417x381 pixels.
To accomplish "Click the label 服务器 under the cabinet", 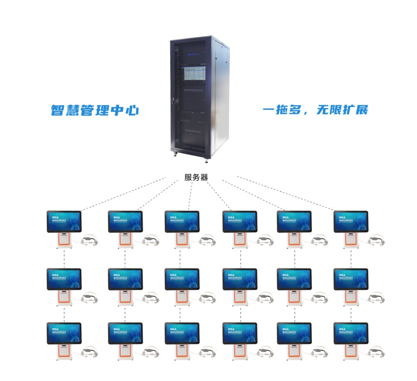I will pos(196,177).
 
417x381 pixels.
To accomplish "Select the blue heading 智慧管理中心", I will pos(95,111).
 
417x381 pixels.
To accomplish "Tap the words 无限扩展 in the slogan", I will pos(342,111).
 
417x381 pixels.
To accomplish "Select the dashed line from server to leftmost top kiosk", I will pos(125,193).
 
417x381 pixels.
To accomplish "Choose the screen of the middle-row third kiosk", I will pos(182,279).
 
